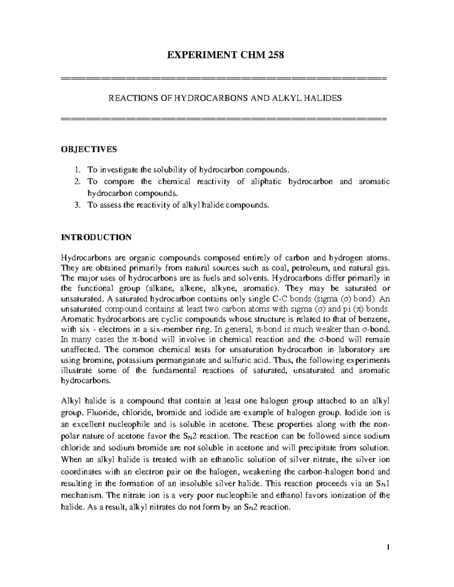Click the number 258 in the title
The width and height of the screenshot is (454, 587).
point(275,56)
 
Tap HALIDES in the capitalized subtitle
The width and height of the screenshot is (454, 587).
point(325,98)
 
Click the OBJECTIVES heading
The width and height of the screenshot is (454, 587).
point(89,149)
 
